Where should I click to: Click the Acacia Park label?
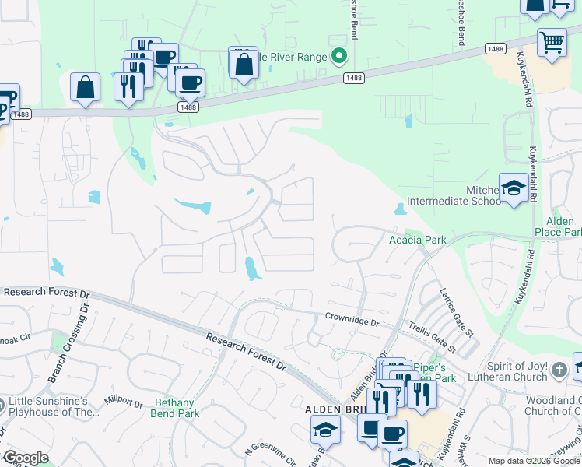[x=418, y=240]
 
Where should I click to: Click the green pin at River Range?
[x=338, y=56]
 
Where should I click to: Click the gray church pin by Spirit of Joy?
[x=559, y=372]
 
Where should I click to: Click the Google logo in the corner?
[x=26, y=458]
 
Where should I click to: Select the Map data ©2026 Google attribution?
[x=534, y=461]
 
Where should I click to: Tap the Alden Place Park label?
[x=558, y=226]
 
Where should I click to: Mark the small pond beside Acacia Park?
[x=400, y=209]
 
